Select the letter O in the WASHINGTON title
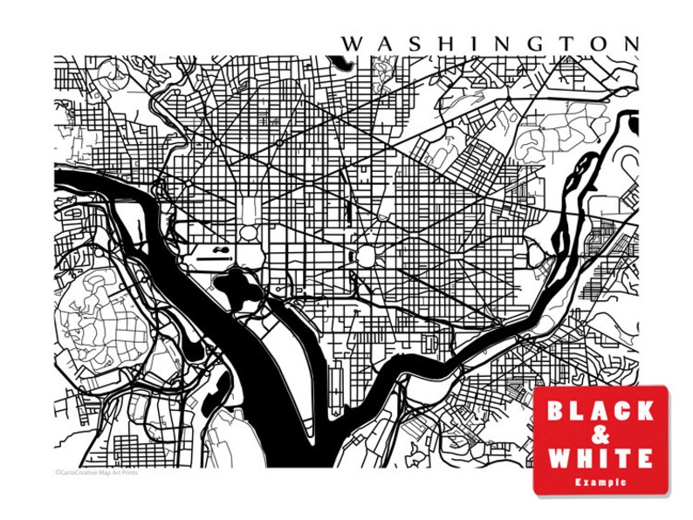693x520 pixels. [x=597, y=43]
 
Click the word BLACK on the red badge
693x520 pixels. [x=600, y=411]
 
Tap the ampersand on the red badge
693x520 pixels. [x=600, y=434]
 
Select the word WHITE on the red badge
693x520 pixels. [x=600, y=458]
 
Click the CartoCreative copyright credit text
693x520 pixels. [x=96, y=473]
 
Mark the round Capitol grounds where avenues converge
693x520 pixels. [x=366, y=257]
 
